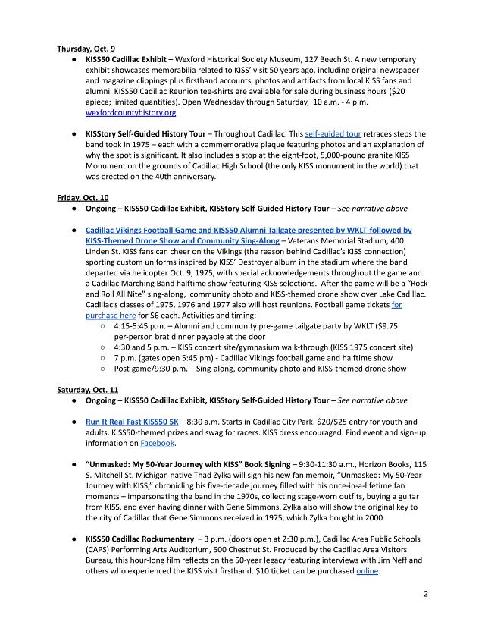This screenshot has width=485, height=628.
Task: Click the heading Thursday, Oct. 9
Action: pyautogui.click(x=86, y=49)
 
